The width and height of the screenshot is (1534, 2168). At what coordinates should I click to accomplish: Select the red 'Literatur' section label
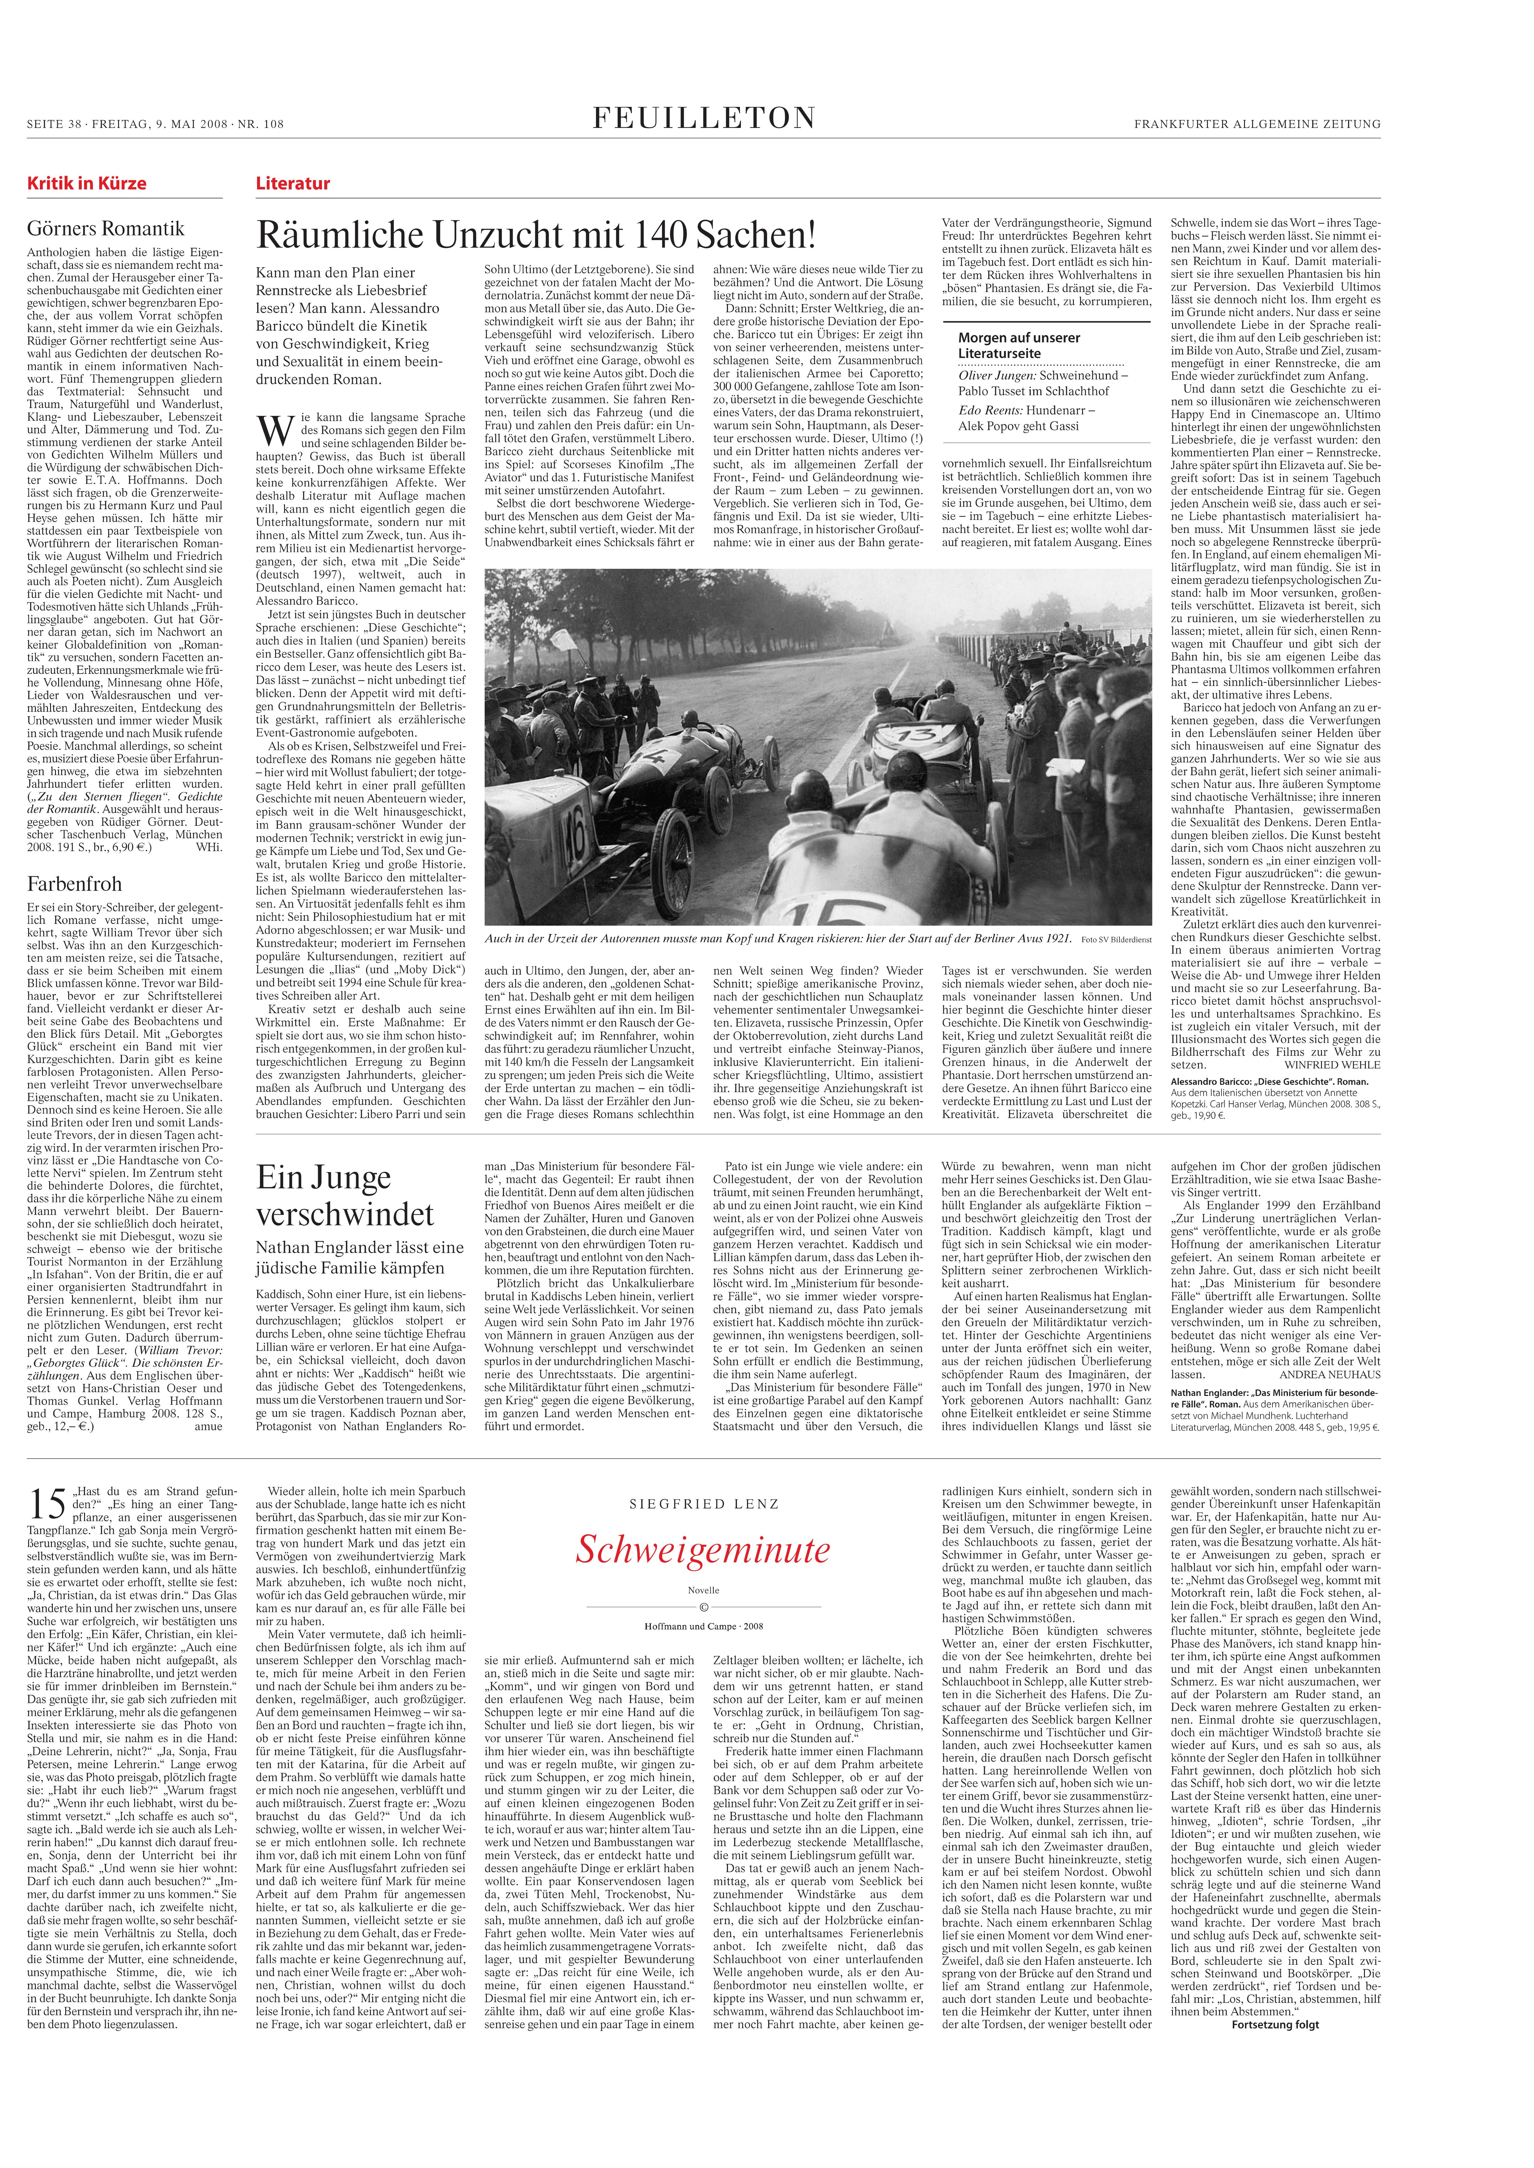[293, 183]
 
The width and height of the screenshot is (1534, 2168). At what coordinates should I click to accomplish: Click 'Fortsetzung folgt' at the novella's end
[1275, 2023]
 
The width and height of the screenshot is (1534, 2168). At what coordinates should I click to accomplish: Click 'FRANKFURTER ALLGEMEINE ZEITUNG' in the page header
[1257, 124]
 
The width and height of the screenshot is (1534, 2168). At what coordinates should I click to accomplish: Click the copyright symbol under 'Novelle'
[704, 1607]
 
